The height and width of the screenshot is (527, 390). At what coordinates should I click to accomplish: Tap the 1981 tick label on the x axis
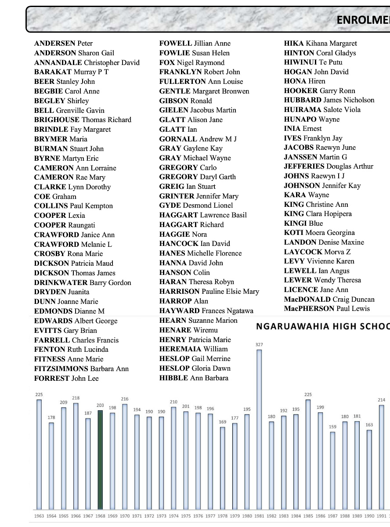pyautogui.click(x=259, y=516)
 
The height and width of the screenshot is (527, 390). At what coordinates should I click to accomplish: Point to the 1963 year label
pyautogui.click(x=39, y=516)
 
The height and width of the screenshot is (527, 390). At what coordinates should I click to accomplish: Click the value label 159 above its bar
pyautogui.click(x=332, y=426)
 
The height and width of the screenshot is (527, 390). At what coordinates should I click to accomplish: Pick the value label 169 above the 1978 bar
pyautogui.click(x=223, y=422)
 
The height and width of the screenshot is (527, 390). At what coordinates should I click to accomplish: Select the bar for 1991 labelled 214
pyautogui.click(x=382, y=457)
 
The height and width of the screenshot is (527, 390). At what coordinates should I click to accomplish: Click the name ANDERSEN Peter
pyautogui.click(x=63, y=43)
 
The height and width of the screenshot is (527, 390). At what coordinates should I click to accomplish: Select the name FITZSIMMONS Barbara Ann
pyautogui.click(x=81, y=368)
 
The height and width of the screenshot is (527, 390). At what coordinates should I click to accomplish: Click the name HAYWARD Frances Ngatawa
pyautogui.click(x=206, y=311)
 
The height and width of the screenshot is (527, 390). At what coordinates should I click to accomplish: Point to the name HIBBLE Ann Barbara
pyautogui.click(x=194, y=378)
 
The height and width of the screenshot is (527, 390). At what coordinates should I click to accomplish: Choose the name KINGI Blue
pyautogui.click(x=303, y=223)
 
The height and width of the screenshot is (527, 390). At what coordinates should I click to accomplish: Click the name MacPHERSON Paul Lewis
pyautogui.click(x=327, y=309)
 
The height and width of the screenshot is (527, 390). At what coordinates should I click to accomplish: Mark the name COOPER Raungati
pyautogui.click(x=65, y=225)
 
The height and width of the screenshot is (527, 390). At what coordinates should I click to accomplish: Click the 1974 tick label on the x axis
pyautogui.click(x=173, y=516)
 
